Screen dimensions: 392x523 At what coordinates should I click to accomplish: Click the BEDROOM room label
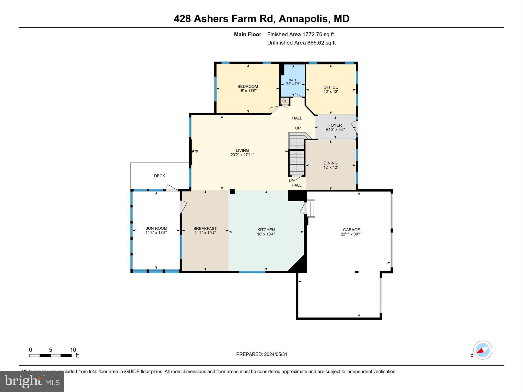pos(247,87)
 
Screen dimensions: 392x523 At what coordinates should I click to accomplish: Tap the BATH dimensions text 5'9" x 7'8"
pos(293,83)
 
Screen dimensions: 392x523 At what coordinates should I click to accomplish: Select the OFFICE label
pos(331,87)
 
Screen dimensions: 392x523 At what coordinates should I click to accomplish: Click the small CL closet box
pos(285,101)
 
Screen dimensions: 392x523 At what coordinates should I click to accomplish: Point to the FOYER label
pos(335,125)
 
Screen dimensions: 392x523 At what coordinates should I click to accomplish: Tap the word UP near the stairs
pos(298,128)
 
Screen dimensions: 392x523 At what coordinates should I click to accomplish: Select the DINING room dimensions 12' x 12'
pos(330,167)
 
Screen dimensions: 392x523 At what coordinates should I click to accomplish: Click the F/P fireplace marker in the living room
pos(195,152)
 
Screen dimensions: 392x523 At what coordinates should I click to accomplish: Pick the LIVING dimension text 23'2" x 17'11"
pos(242,155)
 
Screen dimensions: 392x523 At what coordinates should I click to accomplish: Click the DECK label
pos(159,176)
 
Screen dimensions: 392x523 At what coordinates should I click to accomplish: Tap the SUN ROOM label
pos(156,228)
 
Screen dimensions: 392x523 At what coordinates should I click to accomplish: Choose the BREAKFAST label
pos(205,229)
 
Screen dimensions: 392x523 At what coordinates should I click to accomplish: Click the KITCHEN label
pos(266,230)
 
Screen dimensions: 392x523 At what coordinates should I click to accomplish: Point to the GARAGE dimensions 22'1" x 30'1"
pos(351,234)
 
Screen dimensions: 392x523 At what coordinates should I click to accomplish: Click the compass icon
pos(482,350)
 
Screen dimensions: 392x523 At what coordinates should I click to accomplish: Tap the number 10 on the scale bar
pos(73,350)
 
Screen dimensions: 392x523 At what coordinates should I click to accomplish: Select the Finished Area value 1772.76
pos(313,34)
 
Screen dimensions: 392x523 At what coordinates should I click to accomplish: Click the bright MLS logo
pos(32,381)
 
